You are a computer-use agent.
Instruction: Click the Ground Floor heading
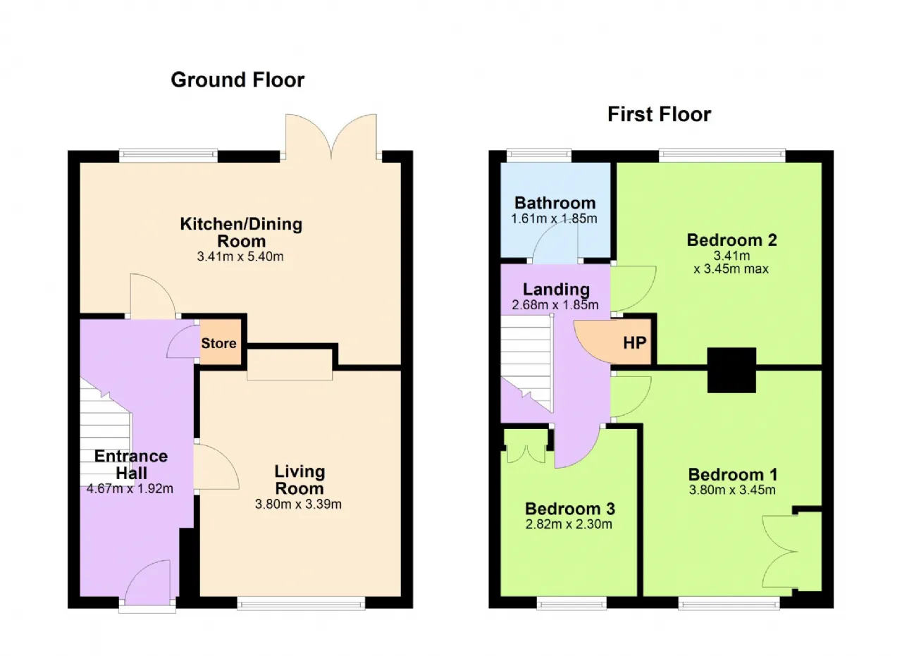tap(237, 80)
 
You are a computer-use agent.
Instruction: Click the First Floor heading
tap(659, 114)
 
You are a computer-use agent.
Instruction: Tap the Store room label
tap(218, 343)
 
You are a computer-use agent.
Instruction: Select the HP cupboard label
tap(635, 342)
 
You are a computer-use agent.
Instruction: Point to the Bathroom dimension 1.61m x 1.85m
tap(554, 218)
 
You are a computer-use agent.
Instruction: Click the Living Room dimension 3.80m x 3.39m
tap(298, 504)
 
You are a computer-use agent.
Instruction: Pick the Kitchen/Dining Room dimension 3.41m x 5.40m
tap(240, 256)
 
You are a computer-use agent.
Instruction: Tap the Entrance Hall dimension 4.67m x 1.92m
tap(130, 488)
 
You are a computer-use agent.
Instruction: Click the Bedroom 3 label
tap(570, 509)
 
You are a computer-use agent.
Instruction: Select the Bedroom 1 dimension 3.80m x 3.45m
tap(732, 490)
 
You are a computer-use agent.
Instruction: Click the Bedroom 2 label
tap(731, 240)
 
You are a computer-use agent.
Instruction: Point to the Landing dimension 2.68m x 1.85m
tap(555, 305)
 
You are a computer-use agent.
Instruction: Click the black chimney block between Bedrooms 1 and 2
tap(731, 370)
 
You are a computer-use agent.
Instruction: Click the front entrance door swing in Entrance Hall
tap(148, 582)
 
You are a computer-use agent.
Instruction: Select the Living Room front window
tap(301, 603)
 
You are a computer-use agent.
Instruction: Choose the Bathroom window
tap(539, 156)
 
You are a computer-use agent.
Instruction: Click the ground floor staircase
tap(106, 432)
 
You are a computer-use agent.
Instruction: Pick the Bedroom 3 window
tap(572, 603)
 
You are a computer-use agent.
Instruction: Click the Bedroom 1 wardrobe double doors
tap(779, 552)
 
